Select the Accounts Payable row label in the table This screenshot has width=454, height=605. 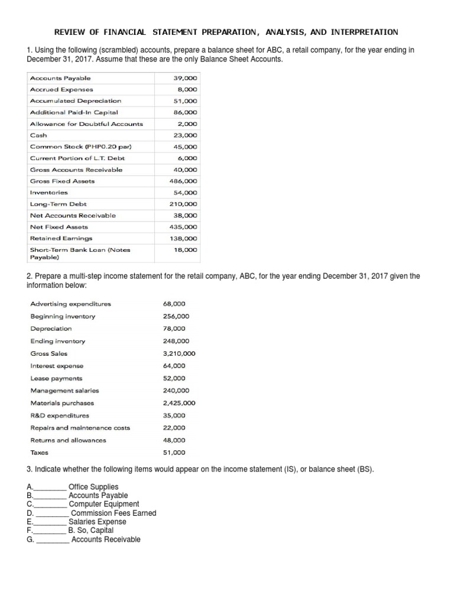(60, 78)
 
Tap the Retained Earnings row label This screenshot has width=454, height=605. (61, 238)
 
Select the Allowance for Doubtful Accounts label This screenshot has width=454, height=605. (86, 124)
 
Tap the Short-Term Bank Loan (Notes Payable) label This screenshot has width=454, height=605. (80, 253)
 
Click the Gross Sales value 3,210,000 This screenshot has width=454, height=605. (179, 353)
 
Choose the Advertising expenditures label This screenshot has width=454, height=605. (70, 304)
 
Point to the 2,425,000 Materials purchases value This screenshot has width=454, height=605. (179, 403)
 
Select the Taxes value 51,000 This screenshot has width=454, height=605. (174, 453)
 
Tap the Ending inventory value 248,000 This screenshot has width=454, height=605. (176, 341)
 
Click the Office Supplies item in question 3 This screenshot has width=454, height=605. (93, 487)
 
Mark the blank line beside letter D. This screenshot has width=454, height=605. (52, 513)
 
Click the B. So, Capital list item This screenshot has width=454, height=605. (91, 531)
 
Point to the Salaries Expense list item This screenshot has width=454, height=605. (98, 522)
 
